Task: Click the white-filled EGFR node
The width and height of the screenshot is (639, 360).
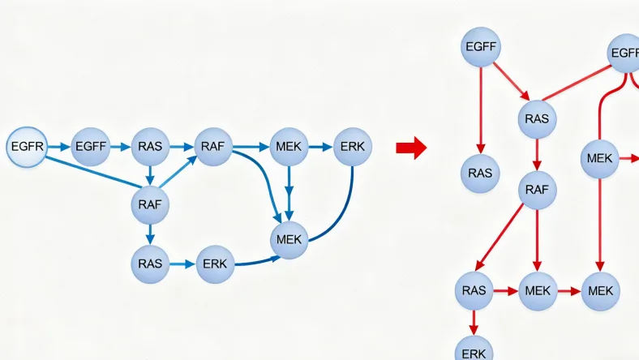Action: tap(26, 148)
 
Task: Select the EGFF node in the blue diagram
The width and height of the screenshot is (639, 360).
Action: tap(91, 148)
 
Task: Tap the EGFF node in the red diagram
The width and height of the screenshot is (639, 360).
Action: tap(481, 46)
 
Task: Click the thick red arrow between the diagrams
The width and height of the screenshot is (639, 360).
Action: tap(410, 148)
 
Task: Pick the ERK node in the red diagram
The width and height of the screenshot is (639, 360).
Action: tap(474, 351)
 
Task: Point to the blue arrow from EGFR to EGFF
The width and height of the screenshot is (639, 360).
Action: tap(58, 148)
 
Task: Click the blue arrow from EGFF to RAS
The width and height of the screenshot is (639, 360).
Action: tap(120, 148)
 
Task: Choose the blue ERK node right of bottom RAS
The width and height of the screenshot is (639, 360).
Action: tap(215, 264)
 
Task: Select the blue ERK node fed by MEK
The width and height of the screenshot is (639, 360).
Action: tap(353, 148)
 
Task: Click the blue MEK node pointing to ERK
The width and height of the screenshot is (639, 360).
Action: tap(289, 148)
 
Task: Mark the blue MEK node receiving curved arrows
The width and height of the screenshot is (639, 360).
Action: tap(289, 239)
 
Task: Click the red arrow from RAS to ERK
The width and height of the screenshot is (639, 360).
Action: tap(474, 322)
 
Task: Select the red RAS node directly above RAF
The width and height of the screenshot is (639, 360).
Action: tap(537, 119)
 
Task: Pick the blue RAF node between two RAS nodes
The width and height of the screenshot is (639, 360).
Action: tap(150, 204)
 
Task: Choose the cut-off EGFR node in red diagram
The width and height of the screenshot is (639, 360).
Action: tap(626, 54)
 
